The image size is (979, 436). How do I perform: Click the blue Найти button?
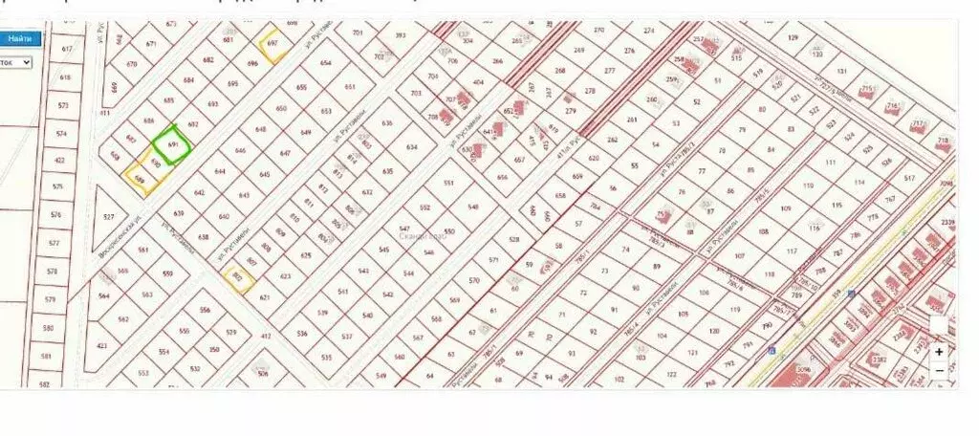coord(20,38)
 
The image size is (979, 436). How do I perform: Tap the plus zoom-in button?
coord(940,352)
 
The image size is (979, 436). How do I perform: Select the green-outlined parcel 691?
coord(173,144)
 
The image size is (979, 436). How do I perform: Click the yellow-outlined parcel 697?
coord(272,44)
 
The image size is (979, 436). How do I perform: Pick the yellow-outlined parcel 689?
coord(140,179)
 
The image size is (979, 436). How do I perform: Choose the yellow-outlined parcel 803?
coord(237,277)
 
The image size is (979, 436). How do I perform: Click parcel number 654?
coord(327,63)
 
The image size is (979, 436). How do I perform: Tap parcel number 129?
coord(793,37)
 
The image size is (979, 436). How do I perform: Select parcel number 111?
coord(830,163)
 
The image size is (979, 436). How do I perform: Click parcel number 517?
coord(909,179)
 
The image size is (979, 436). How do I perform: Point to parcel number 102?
coord(620,379)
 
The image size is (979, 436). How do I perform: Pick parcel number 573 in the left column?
coord(64,106)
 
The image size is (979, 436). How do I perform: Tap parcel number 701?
coord(359,33)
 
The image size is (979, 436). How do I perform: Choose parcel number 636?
coord(387,123)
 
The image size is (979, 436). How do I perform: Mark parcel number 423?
coord(102,346)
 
